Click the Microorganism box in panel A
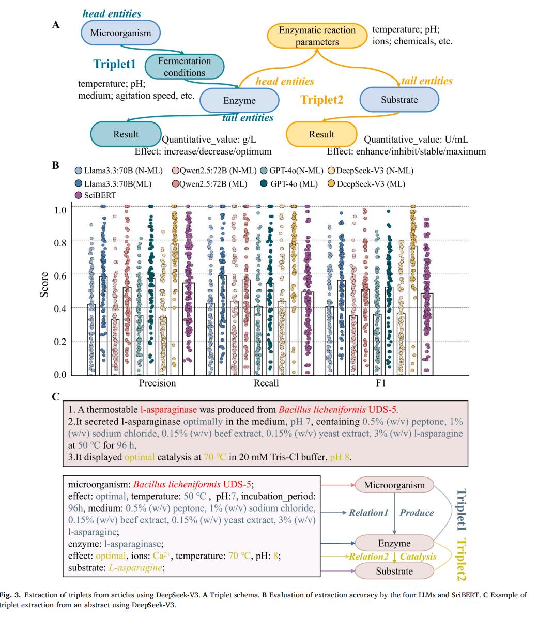(121, 33)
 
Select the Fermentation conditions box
(184, 67)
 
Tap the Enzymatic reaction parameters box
(317, 36)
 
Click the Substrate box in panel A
(399, 100)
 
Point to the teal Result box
(126, 134)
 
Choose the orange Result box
(321, 134)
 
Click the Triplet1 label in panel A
(115, 64)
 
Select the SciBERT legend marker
(79, 195)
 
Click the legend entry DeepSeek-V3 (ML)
(366, 184)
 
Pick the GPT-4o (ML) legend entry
(289, 184)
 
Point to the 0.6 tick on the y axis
(60, 275)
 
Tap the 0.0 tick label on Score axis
(60, 375)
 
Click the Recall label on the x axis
(266, 383)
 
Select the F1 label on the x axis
(380, 383)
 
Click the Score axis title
(44, 285)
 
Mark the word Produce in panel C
(417, 513)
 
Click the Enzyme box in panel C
(394, 544)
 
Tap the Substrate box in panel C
(394, 572)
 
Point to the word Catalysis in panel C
(418, 557)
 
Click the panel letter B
(55, 166)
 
